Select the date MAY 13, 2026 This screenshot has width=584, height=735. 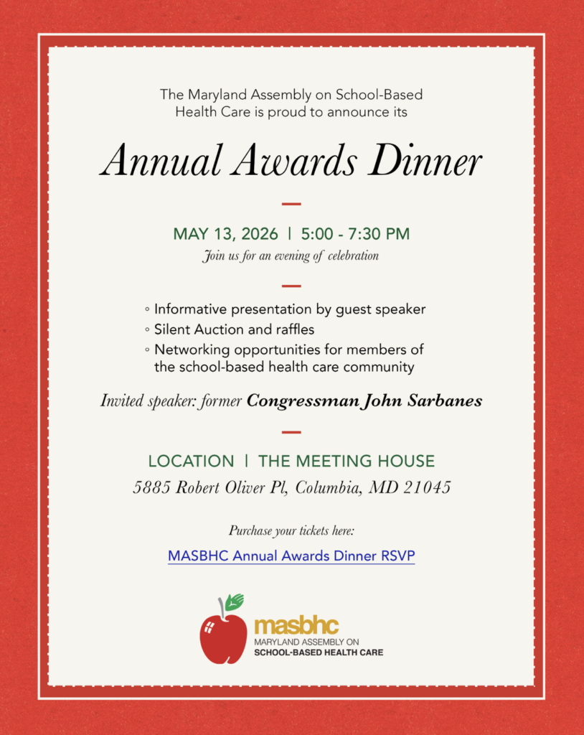[x=225, y=234]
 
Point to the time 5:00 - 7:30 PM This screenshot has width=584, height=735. [x=356, y=234]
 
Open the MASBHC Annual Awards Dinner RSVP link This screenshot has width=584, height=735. [x=291, y=556]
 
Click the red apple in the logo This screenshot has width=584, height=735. [x=222, y=636]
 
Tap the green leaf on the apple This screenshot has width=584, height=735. [x=235, y=601]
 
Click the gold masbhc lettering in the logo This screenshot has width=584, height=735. [x=296, y=626]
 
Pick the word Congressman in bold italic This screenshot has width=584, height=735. [x=301, y=401]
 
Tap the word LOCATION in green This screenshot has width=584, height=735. [x=191, y=461]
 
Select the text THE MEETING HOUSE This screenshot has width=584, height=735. [x=347, y=461]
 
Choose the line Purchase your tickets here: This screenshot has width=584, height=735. [x=291, y=531]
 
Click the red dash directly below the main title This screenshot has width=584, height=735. [x=291, y=204]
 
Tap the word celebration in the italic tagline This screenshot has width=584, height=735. [x=353, y=256]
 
